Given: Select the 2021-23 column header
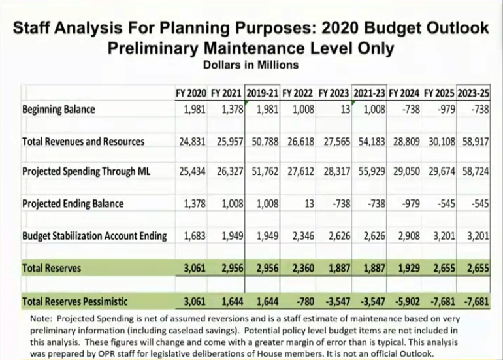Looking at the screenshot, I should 370,93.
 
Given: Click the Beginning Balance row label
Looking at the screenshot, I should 58,109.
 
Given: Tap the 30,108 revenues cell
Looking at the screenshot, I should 442,141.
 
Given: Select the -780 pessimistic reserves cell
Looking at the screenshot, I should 303,301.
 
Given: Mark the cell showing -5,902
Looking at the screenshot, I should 406,301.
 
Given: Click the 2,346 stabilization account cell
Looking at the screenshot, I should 300,235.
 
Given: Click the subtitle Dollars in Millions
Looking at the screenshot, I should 251,65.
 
